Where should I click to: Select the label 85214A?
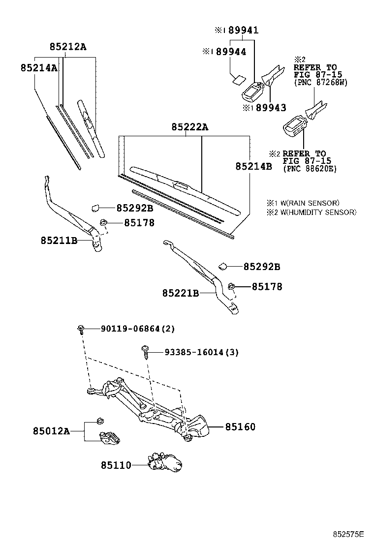39,68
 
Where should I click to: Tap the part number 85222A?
189,127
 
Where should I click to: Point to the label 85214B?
253,166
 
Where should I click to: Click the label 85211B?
59,241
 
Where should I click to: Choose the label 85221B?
181,293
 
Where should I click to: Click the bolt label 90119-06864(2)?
138,329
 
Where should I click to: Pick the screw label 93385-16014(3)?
201,352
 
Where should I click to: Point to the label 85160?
241,427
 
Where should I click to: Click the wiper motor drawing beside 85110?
166,462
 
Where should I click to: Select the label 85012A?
51,431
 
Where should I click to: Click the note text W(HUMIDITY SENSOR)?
315,212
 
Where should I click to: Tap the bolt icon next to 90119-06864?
81,329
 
